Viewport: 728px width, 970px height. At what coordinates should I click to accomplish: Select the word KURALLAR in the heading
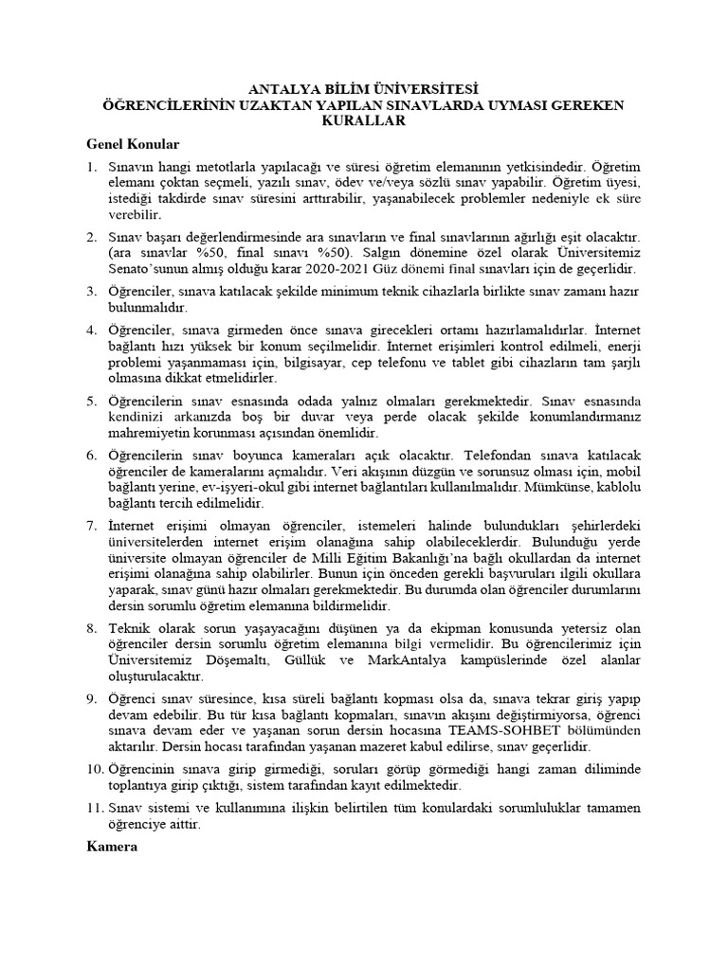(364, 121)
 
